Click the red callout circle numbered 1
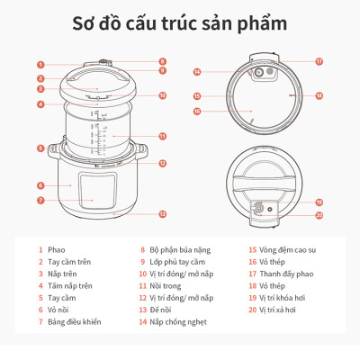(x=40, y=65)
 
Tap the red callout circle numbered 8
(x=163, y=60)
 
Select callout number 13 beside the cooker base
(x=163, y=214)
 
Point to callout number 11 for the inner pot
(x=163, y=136)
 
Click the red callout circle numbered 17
(x=319, y=62)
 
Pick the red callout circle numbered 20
(x=319, y=215)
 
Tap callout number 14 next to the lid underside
(x=197, y=72)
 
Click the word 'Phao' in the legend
(x=57, y=250)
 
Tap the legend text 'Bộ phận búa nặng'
(x=179, y=250)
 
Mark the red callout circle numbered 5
(x=40, y=148)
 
